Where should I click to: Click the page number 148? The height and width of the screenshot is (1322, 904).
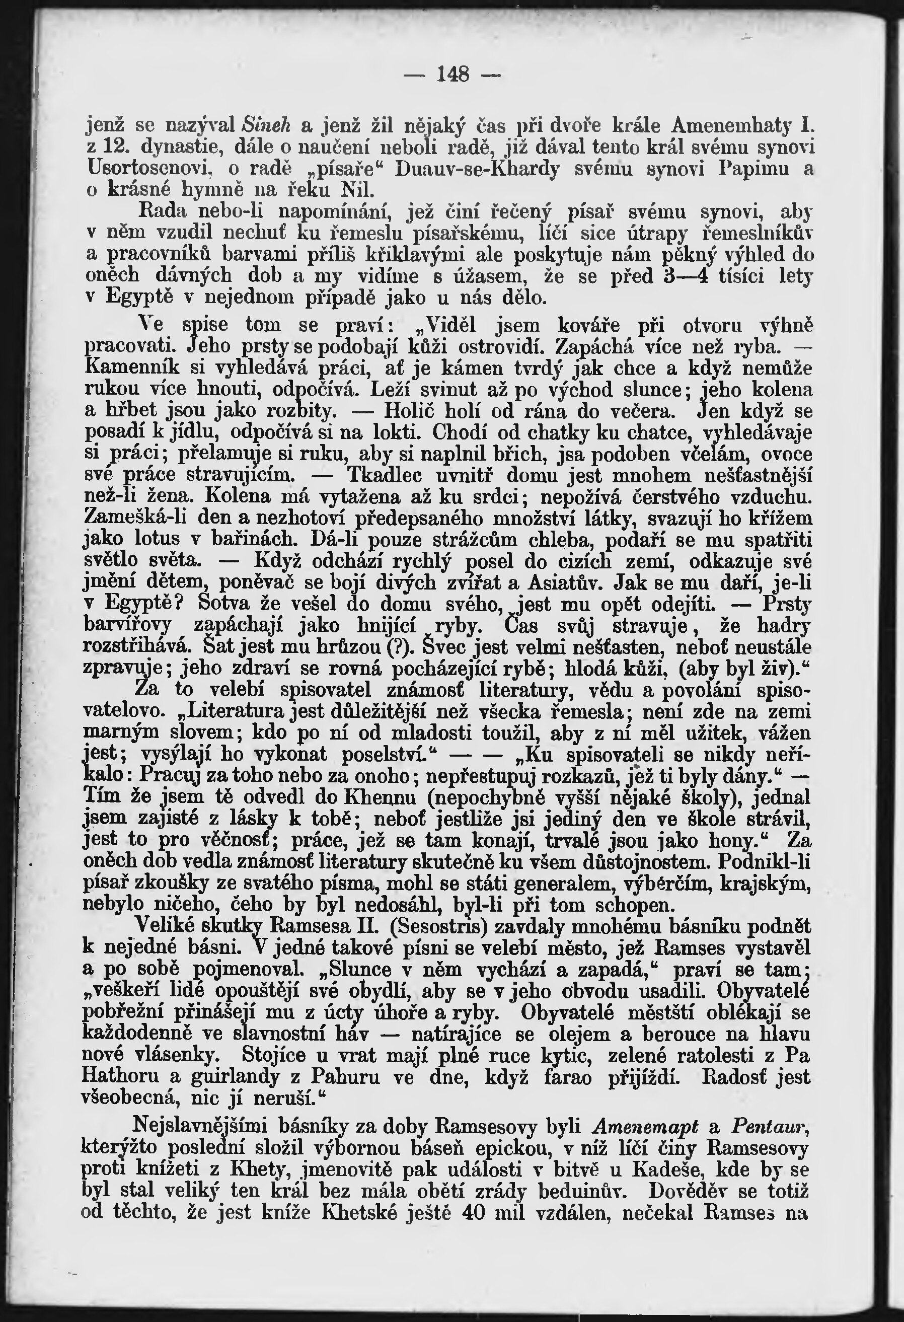click(x=453, y=74)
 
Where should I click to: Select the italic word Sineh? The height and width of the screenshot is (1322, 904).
click(x=267, y=124)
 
